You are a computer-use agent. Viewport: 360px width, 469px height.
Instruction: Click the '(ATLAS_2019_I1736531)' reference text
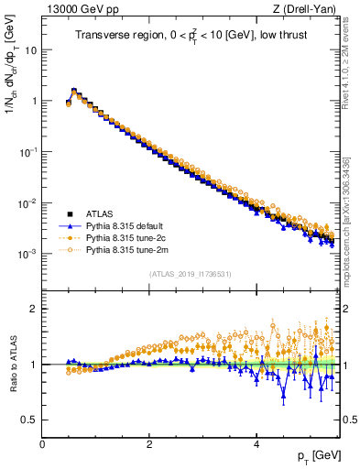[x=191, y=274]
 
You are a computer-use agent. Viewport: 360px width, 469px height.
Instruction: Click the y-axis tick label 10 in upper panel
[x=29, y=50]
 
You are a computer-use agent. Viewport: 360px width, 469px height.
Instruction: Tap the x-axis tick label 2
[x=149, y=444]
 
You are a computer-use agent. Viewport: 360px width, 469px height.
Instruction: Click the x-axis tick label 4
[x=256, y=444]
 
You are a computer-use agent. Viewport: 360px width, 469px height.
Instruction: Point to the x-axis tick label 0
[x=42, y=444]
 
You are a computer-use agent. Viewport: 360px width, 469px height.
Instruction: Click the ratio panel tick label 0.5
[x=27, y=420]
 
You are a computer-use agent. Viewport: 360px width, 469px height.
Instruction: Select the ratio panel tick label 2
[x=32, y=309]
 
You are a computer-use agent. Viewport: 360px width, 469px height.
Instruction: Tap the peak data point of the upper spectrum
[x=74, y=91]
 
